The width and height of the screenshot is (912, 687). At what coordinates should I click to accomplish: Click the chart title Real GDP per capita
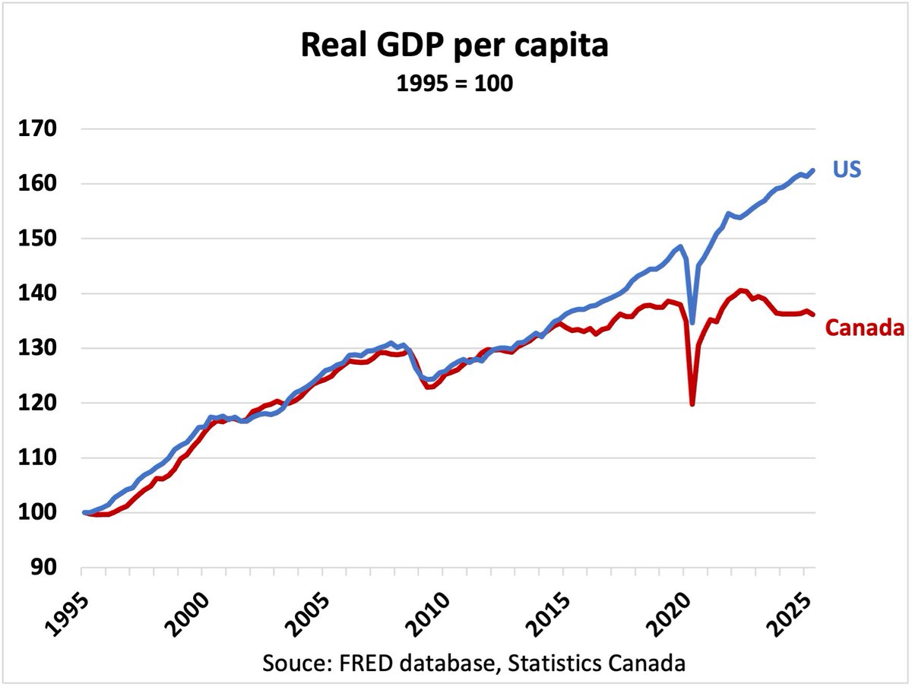coord(454,47)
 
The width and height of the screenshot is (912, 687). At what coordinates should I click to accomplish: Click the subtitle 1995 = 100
coord(454,83)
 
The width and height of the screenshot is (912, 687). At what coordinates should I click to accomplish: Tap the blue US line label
coord(846,169)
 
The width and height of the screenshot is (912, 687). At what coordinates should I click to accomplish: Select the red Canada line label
coord(865,328)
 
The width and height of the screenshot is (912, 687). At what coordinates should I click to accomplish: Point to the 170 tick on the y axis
coord(38,129)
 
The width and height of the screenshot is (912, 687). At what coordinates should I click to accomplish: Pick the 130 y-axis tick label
coord(38,348)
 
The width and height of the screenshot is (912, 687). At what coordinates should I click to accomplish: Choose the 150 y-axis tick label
coord(38,239)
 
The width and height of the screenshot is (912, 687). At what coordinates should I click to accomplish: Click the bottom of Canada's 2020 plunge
coord(692,404)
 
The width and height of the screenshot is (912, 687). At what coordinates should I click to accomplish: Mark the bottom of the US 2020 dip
coord(692,323)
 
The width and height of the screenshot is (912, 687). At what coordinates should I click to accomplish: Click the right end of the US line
coord(814,170)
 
